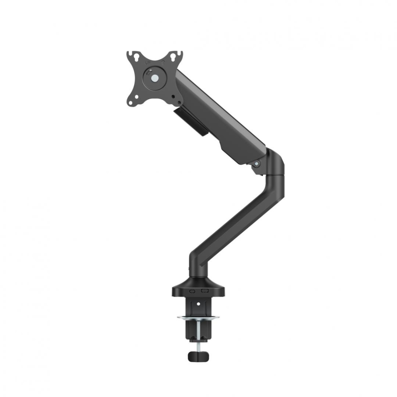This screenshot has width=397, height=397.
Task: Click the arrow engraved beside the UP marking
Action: (162, 62)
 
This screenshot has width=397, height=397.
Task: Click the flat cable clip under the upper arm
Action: (191, 121)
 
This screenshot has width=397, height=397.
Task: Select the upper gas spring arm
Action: (222, 119)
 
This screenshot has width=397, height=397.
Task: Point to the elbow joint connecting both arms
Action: (274, 163)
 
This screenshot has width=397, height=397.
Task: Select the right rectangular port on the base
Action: (205, 291)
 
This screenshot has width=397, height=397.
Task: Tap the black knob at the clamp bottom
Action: (198, 356)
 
